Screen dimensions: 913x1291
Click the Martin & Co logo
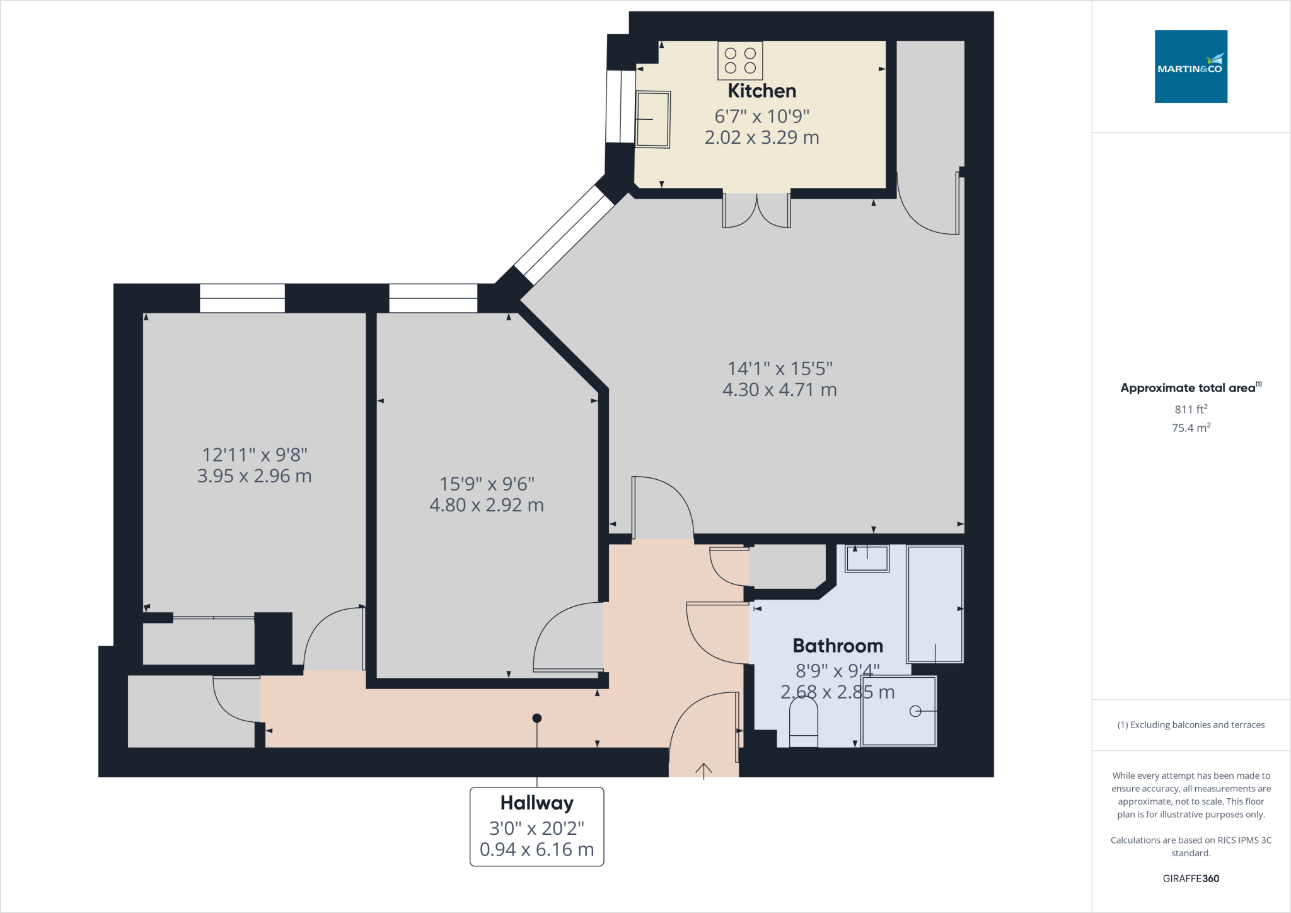(1190, 66)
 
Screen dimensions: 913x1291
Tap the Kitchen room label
(761, 91)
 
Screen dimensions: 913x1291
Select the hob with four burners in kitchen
(740, 61)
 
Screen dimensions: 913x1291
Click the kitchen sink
(652, 119)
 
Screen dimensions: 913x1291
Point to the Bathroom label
(837, 646)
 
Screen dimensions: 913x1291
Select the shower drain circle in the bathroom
(915, 711)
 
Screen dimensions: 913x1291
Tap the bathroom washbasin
(867, 558)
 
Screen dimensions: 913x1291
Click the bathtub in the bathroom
(935, 604)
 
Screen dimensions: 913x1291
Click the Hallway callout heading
(536, 803)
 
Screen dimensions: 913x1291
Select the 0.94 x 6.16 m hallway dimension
(536, 849)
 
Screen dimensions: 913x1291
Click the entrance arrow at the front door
(703, 769)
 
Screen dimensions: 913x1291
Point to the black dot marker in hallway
(536, 718)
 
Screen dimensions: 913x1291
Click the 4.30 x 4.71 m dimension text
(779, 390)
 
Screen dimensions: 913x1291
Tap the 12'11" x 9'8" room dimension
(254, 455)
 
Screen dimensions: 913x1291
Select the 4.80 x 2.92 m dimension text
(486, 505)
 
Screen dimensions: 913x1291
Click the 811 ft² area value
(1190, 409)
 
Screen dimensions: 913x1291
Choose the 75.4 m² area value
(1190, 428)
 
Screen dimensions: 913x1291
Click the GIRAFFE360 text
(1190, 878)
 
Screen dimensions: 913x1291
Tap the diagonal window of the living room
(564, 235)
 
